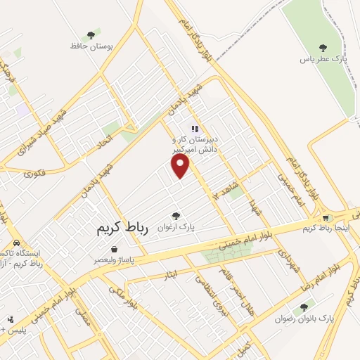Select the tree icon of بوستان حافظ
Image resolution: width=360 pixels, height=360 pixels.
pyautogui.click(x=91, y=34)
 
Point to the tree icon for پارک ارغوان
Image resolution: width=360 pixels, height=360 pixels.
pyautogui.click(x=176, y=216)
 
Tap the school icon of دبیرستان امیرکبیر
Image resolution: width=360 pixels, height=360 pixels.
pyautogui.click(x=195, y=129)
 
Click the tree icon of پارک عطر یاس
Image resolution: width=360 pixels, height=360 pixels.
pyautogui.click(x=323, y=48)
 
